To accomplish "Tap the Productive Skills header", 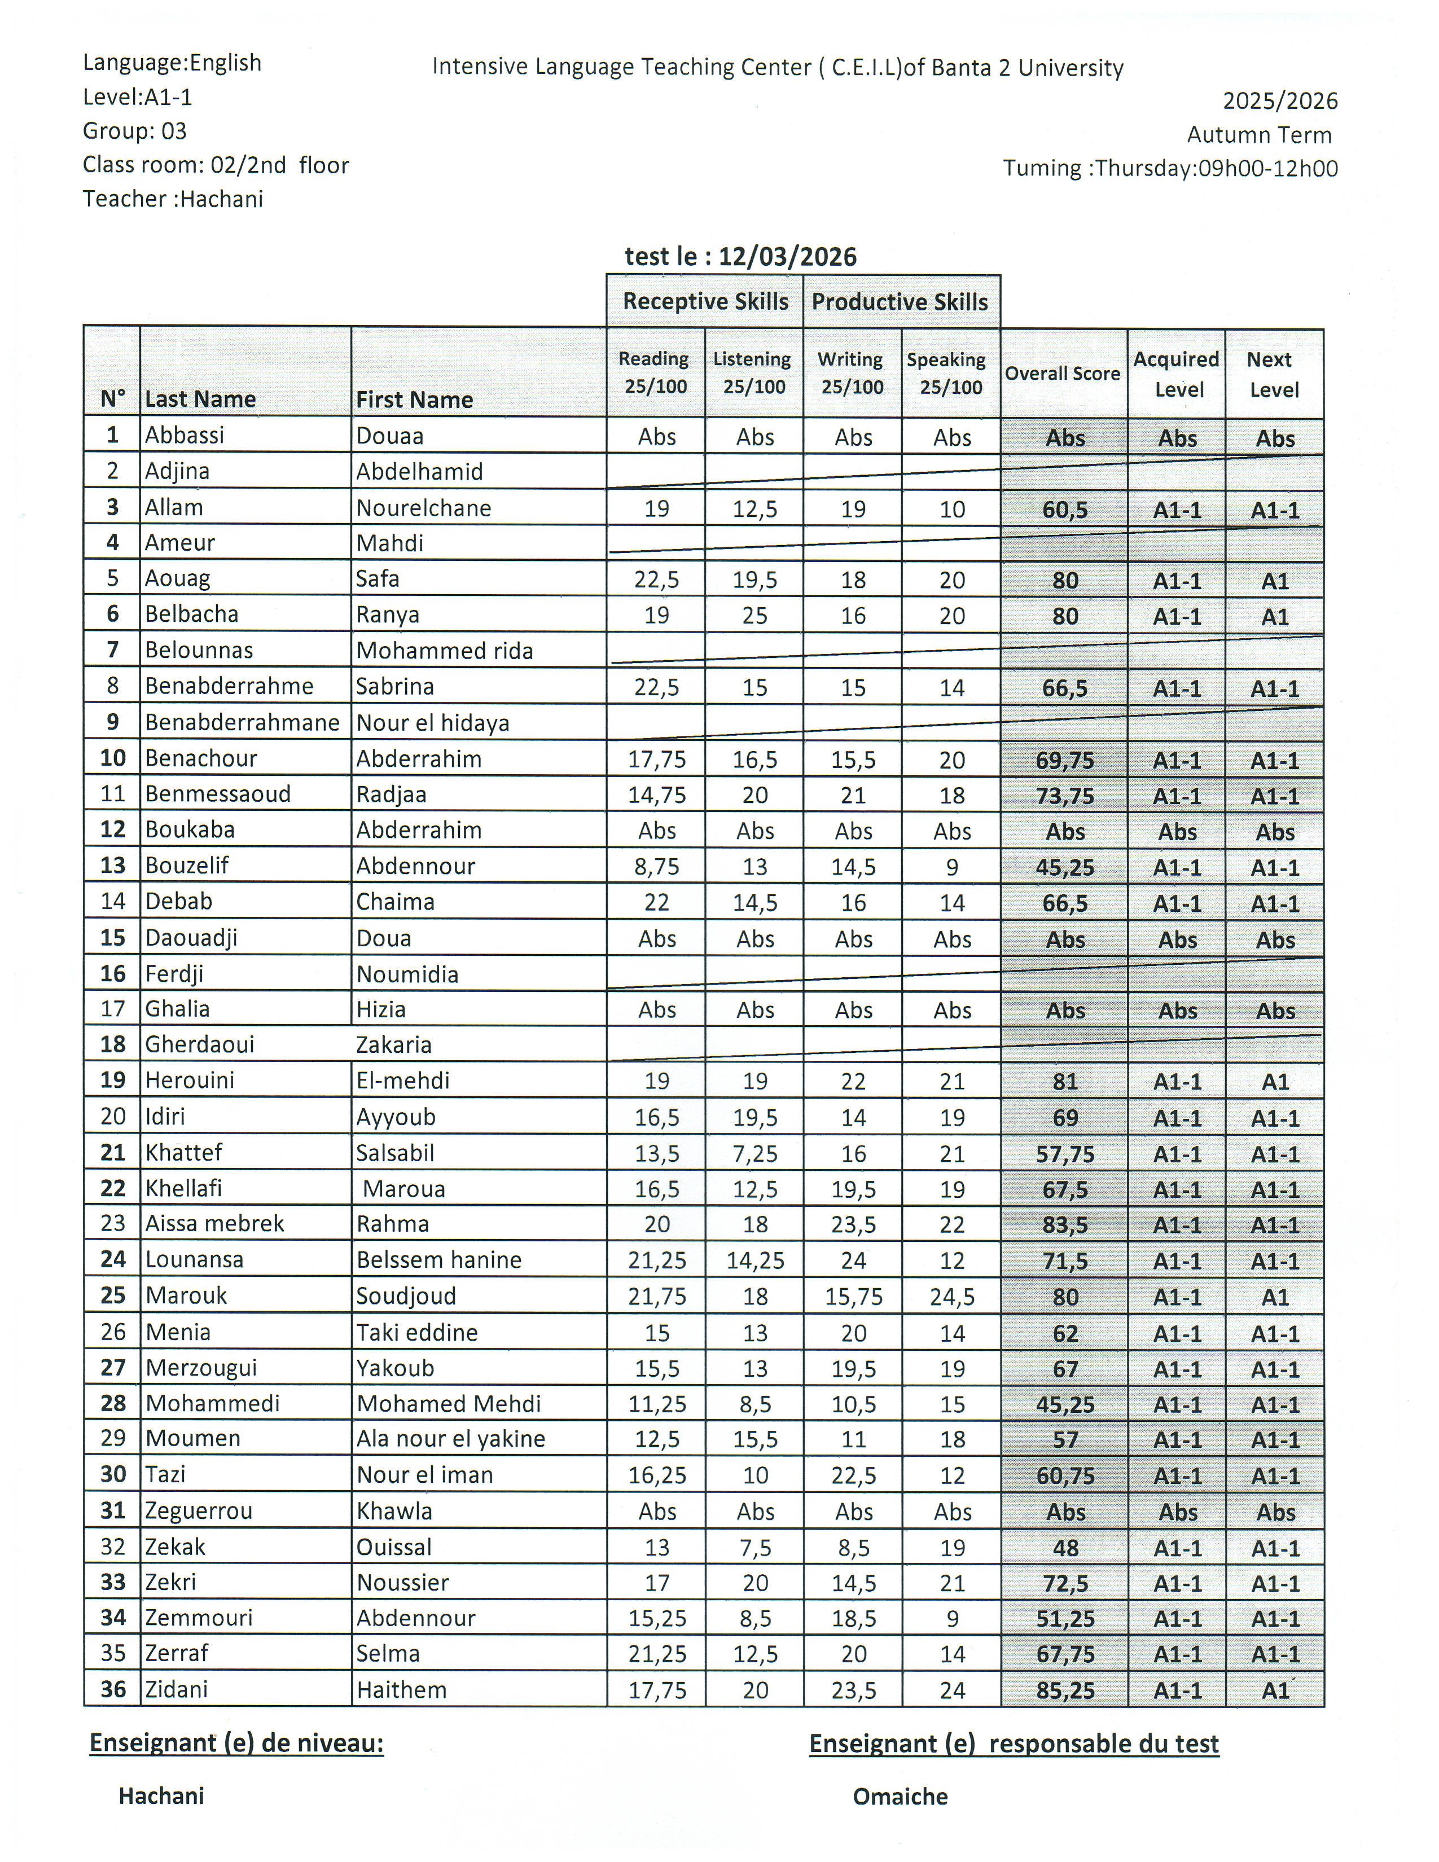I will click(900, 302).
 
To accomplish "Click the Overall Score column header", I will click(1062, 374).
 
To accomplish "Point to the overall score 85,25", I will click(1065, 1690).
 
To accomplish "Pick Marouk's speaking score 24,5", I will click(951, 1297).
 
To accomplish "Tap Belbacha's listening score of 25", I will click(754, 616).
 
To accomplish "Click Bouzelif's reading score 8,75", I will click(656, 866).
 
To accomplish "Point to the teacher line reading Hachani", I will click(173, 199).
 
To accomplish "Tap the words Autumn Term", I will click(1258, 135).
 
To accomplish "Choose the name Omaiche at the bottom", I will click(900, 1797).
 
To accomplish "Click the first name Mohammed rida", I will click(444, 651).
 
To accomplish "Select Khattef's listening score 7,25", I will click(754, 1153).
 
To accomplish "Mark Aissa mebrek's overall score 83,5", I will click(1065, 1225).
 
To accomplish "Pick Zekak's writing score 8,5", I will click(853, 1547).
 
